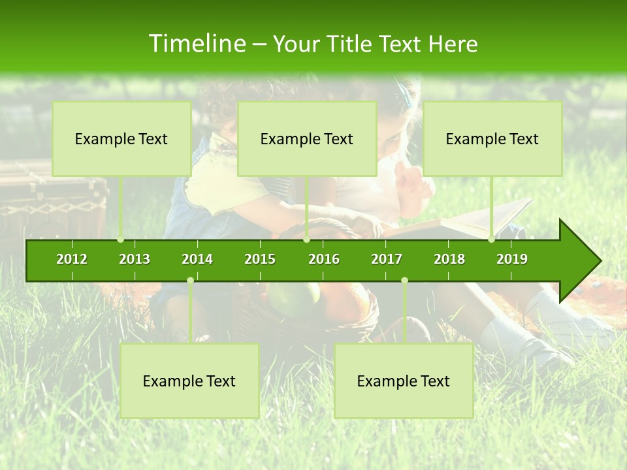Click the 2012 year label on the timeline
point(72,259)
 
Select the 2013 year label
point(135,259)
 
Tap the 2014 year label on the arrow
point(197,259)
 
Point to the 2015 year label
point(260,259)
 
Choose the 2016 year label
point(324,259)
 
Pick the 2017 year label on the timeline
point(387,259)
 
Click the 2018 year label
point(449,259)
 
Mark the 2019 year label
point(512,259)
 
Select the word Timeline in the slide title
point(196,44)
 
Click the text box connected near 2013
point(121,139)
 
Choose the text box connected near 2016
point(307,139)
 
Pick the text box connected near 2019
point(492,139)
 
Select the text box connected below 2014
point(189,381)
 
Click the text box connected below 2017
point(404,381)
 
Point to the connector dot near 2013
point(121,240)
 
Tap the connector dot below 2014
point(190,281)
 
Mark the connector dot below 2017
point(404,281)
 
